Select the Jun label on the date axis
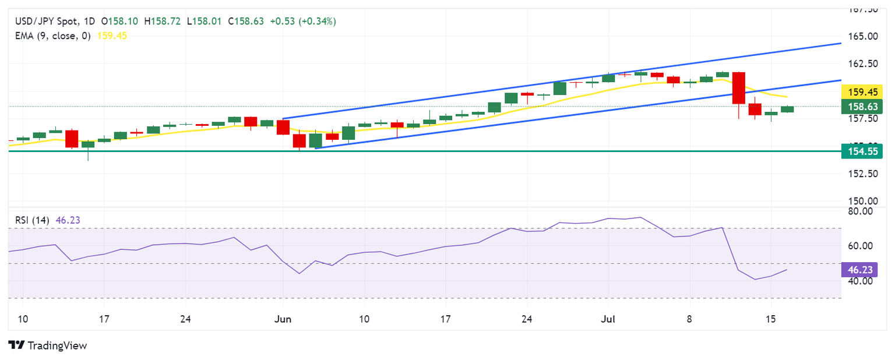pyautogui.click(x=283, y=319)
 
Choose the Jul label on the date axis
pyautogui.click(x=608, y=319)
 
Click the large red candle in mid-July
pyautogui.click(x=738, y=88)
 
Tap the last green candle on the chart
pyautogui.click(x=787, y=109)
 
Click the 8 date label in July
pyautogui.click(x=689, y=319)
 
